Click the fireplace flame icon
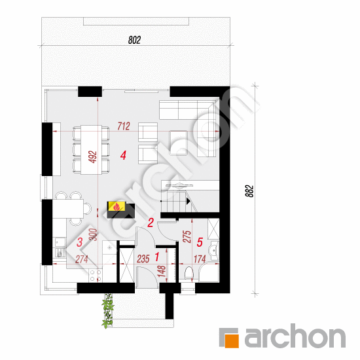117,206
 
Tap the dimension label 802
134,40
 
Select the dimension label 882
249,190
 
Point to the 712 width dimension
124,126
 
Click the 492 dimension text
93,157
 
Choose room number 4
123,155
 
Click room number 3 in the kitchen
79,242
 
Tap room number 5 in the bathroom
200,242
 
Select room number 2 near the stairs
151,223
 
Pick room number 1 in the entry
157,257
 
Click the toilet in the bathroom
189,273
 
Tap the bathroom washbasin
215,250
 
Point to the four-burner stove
96,276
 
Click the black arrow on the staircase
189,202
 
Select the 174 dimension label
200,259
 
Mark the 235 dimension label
143,259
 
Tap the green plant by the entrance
107,310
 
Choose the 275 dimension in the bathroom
187,236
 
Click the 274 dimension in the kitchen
82,259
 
